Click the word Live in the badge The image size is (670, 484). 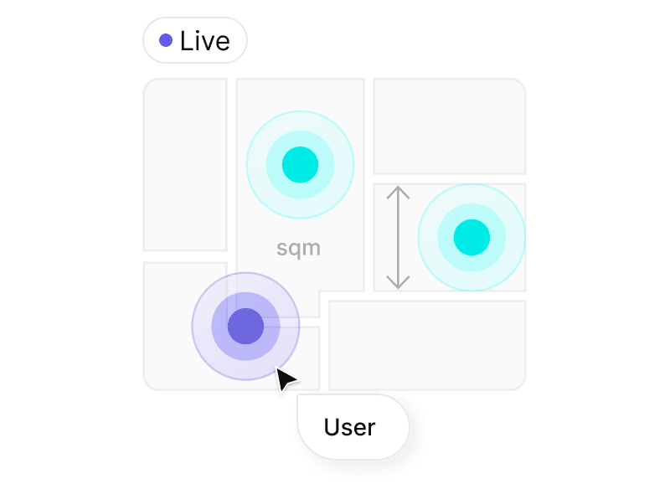[x=204, y=41]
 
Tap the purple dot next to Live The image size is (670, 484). [x=166, y=40]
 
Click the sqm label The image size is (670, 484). [x=298, y=249]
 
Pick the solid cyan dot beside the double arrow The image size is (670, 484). [x=472, y=237]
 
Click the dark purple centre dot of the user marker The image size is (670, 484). [x=246, y=325]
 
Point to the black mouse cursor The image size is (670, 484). [x=285, y=380]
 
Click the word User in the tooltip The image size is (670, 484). [x=350, y=427]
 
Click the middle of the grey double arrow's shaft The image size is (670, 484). [x=398, y=238]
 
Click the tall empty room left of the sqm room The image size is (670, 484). [x=185, y=164]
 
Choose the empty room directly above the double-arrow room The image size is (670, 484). [x=449, y=126]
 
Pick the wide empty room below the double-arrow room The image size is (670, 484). [x=427, y=344]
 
